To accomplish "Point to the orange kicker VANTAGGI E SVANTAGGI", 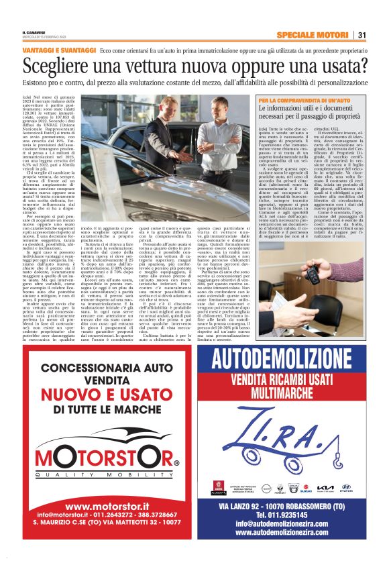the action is (x=59, y=50).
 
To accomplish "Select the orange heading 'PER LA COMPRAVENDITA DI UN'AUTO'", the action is (x=305, y=100).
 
